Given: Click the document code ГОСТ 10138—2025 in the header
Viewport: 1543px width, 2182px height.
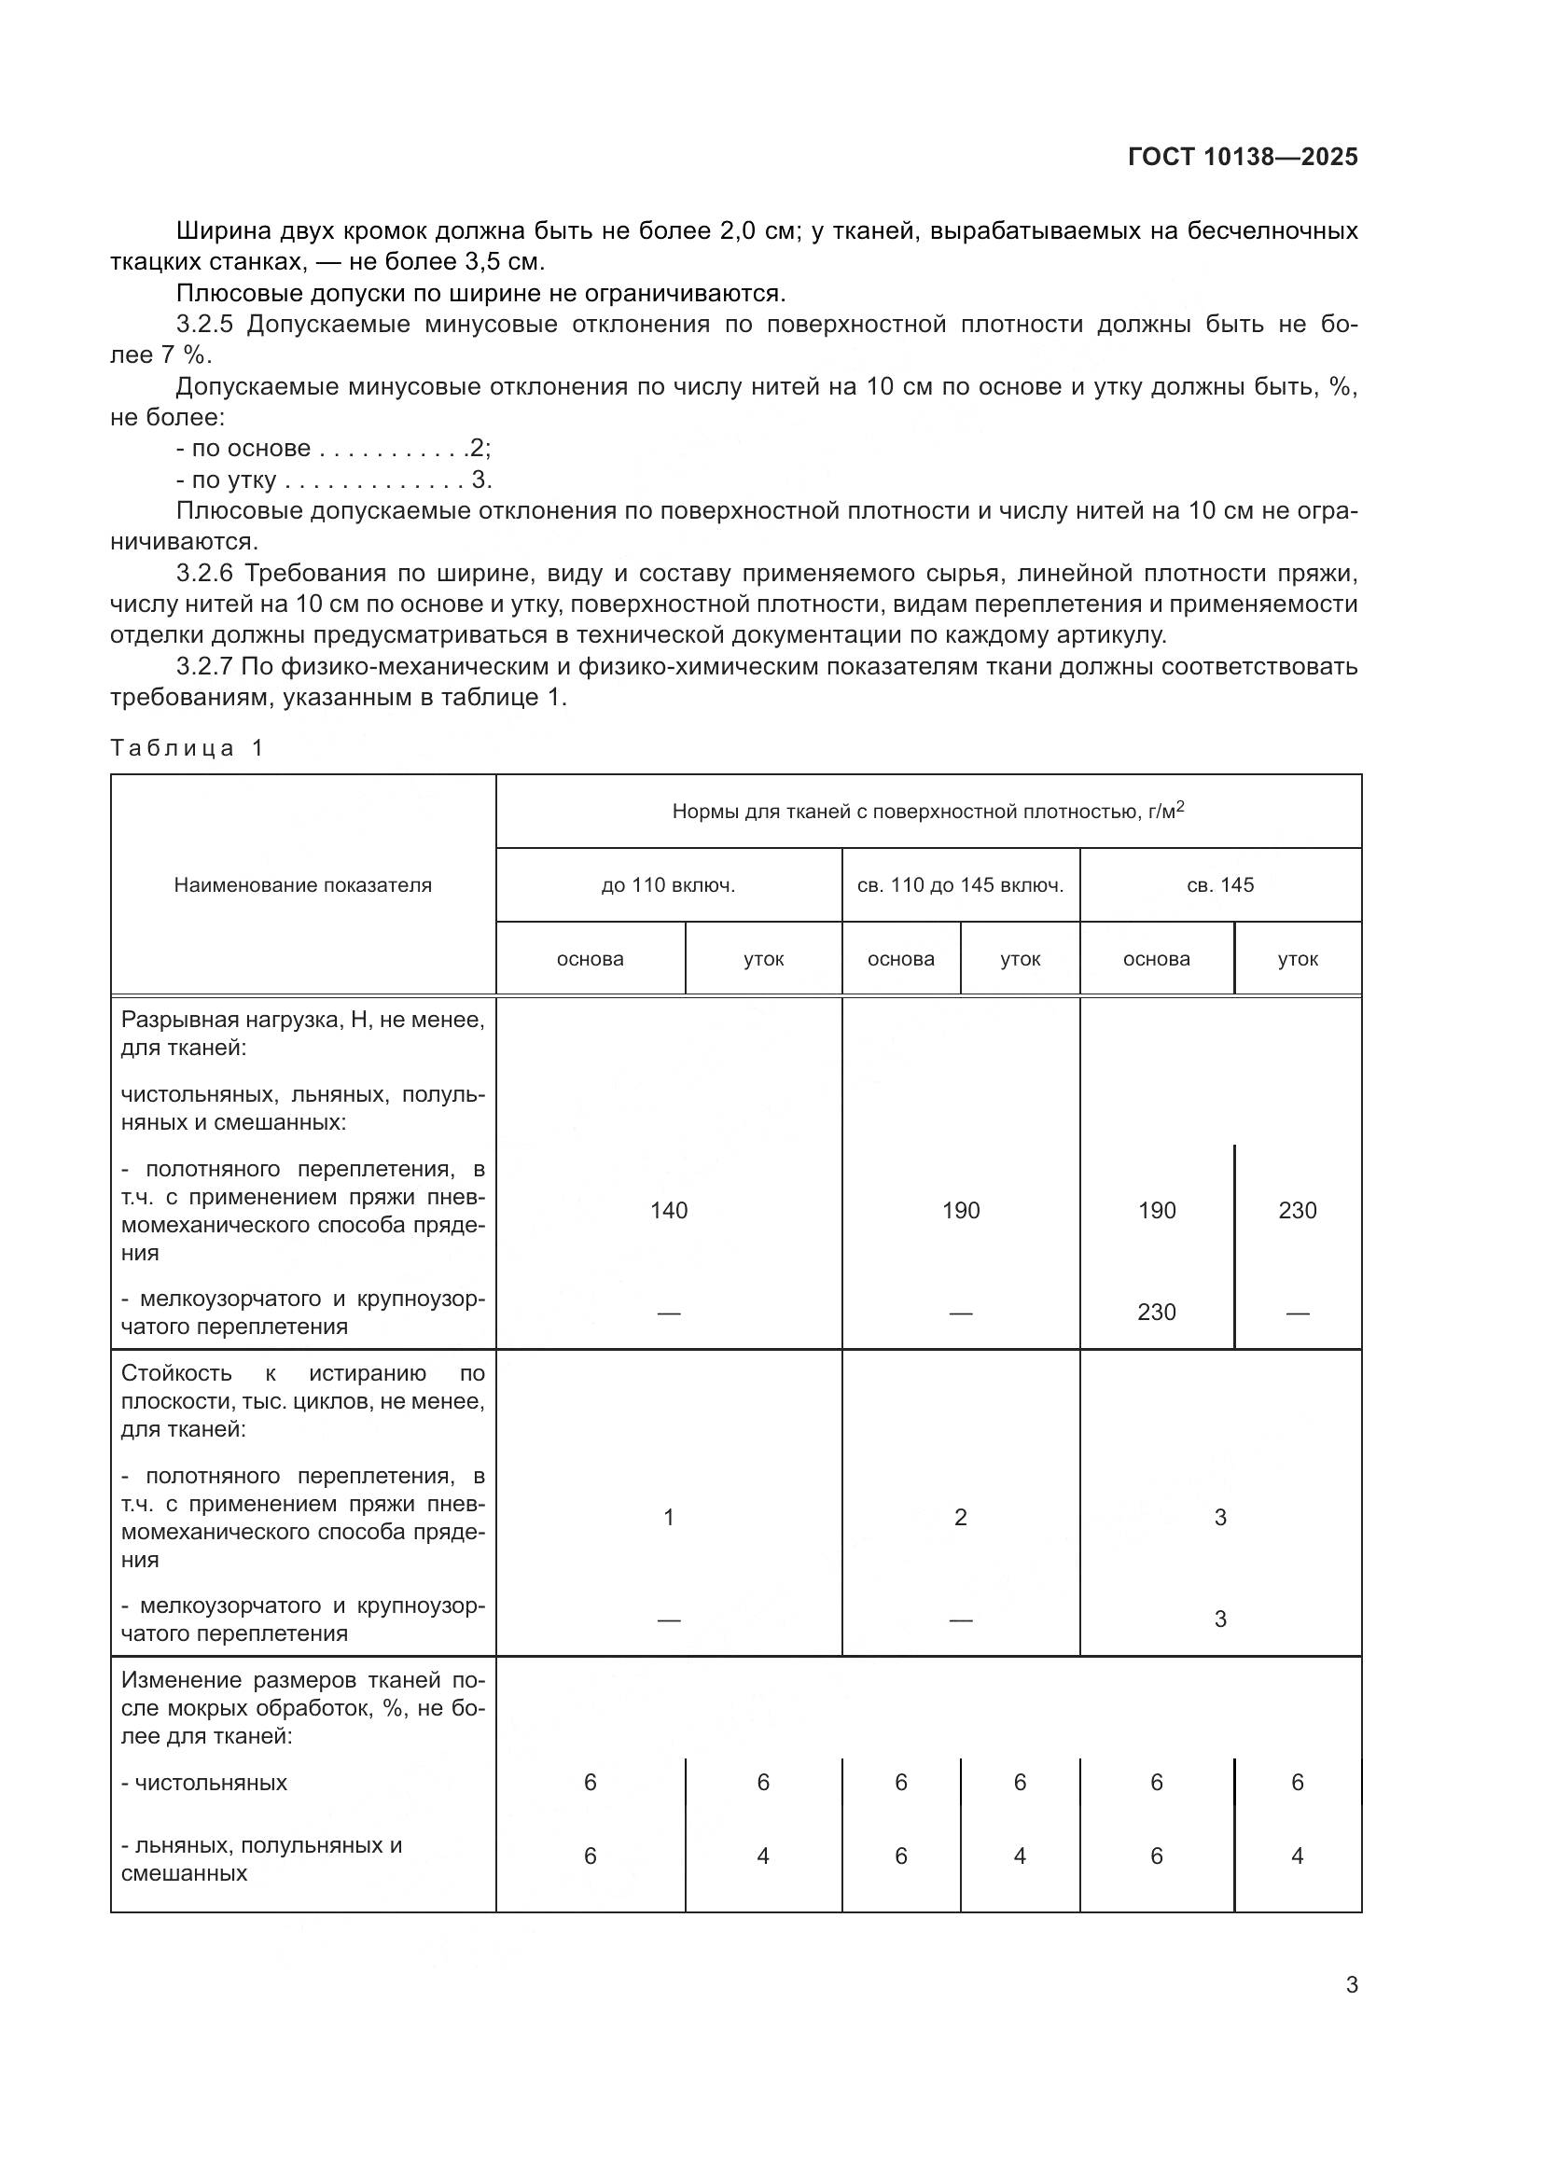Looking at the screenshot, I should pos(1242,157).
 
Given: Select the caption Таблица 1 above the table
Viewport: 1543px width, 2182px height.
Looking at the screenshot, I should pos(187,748).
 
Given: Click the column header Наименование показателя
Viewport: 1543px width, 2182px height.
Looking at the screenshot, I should pos(302,884).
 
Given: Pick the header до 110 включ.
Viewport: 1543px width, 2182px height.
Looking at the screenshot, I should pos(668,884).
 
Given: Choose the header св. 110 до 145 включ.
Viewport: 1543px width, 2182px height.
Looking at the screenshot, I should pos(960,884).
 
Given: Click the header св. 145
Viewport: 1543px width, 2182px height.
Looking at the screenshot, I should pos(1220,884).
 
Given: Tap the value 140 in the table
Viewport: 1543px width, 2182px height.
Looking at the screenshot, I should pos(668,1210).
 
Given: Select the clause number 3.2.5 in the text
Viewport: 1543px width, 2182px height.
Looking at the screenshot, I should pos(204,325).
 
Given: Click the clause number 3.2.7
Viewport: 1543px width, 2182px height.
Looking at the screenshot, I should pos(204,667).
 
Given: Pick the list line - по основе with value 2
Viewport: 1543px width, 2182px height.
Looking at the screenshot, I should pos(332,449).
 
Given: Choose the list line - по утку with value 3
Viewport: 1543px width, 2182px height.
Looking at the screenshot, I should pos(332,479).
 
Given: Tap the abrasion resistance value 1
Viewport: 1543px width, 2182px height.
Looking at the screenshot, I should pos(668,1517).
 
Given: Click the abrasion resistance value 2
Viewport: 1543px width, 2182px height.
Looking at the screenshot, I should pos(960,1517).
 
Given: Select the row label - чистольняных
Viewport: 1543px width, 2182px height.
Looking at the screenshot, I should pos(204,1782).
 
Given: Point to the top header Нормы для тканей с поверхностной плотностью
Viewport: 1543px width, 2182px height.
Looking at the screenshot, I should pos(927,811).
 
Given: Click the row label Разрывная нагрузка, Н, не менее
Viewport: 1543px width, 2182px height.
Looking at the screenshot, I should pos(302,1020).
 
